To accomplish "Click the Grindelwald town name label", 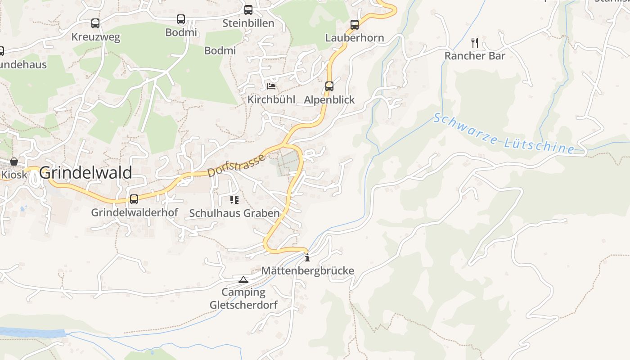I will [86, 173].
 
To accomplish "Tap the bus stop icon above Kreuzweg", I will [95, 23].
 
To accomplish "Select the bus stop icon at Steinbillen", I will [248, 10].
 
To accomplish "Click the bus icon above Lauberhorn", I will [355, 25].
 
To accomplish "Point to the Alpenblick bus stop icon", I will [329, 86].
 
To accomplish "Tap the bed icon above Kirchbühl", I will [271, 86].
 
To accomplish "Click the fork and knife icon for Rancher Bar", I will [475, 43].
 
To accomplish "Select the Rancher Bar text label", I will [475, 56].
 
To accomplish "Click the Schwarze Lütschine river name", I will [504, 134].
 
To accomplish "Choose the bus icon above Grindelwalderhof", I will [134, 199].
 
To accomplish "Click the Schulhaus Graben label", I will [234, 213].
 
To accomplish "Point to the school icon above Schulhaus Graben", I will [234, 199].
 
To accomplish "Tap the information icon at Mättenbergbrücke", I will [307, 258].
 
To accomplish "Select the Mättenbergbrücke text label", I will [308, 271].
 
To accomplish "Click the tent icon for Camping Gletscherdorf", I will [243, 279].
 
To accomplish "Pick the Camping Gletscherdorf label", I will [243, 298].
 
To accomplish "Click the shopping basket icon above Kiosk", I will [14, 162].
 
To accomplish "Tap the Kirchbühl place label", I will [271, 99].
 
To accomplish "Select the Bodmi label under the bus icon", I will [181, 32].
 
